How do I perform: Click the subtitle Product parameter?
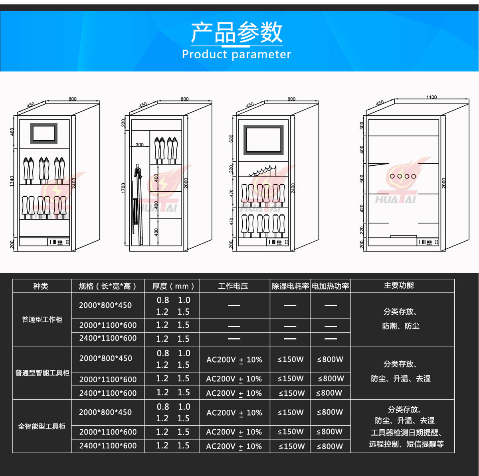[236, 54]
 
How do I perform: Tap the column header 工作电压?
[233, 286]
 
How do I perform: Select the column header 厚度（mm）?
[173, 286]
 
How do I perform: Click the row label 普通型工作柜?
[42, 319]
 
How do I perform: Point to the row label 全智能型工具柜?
[42, 426]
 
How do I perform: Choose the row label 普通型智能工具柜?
[42, 373]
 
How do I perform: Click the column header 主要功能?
[399, 285]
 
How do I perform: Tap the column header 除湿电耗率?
[290, 286]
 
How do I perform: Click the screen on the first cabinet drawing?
[44, 133]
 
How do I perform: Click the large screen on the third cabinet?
[263, 140]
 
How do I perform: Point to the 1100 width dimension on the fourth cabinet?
[431, 97]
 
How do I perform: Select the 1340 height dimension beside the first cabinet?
[12, 181]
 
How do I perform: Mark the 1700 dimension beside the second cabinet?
[123, 188]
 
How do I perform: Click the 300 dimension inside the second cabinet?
[139, 145]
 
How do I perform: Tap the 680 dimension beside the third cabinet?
[231, 139]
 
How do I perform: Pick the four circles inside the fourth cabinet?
[403, 176]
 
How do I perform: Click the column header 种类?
[41, 286]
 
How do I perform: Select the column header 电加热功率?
[330, 286]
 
